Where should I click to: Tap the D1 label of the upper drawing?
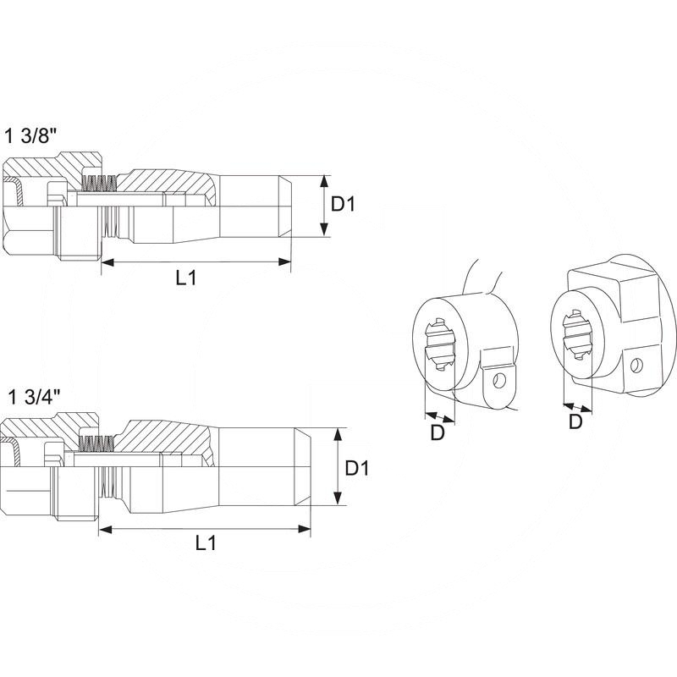tap(344, 205)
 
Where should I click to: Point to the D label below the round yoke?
tap(438, 432)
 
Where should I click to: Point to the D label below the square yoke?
tap(575, 421)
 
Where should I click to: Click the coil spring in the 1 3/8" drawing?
tap(100, 183)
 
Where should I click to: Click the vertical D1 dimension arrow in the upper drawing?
tap(324, 206)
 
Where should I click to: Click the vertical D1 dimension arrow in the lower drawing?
tap(338, 466)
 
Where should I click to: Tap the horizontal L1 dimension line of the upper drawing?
tap(195, 263)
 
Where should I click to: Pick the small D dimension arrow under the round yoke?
tap(439, 416)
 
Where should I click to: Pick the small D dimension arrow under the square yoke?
tap(576, 405)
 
